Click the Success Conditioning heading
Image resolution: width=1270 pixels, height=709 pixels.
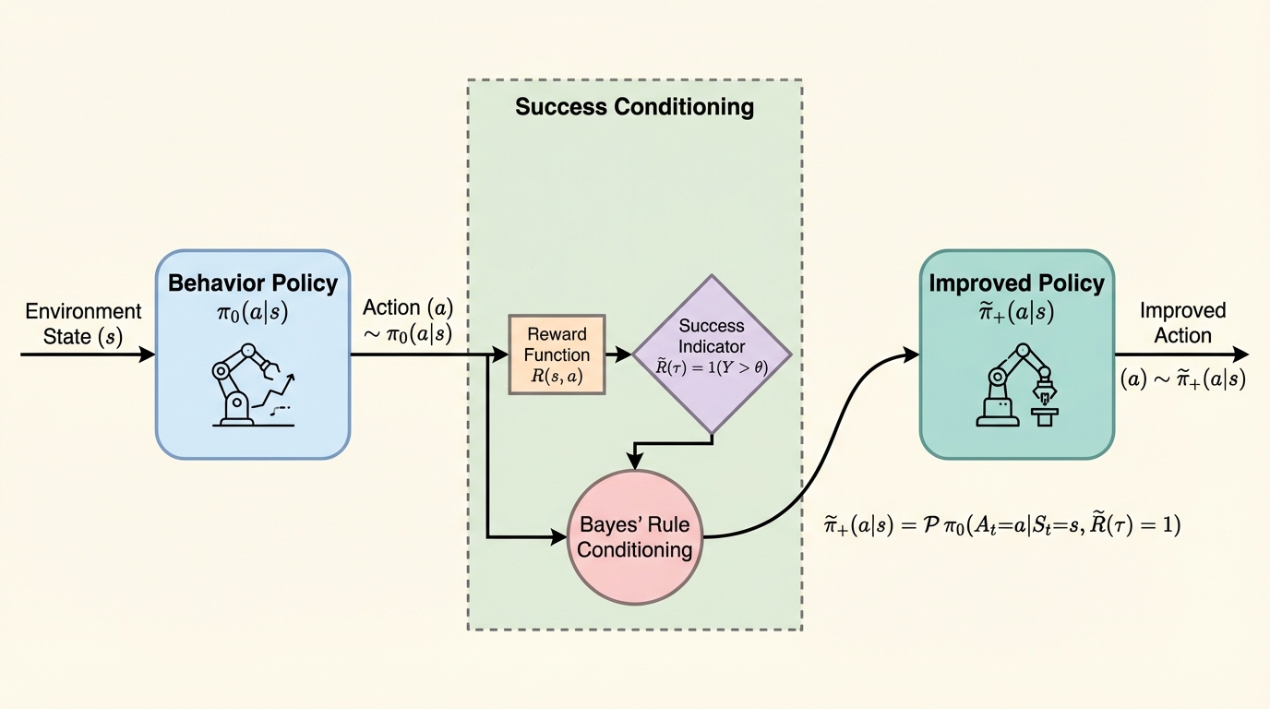tap(634, 107)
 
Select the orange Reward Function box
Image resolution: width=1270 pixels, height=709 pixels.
tap(557, 354)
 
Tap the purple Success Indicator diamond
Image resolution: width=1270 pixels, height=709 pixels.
tap(711, 354)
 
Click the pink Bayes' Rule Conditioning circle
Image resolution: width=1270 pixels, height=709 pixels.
tap(635, 537)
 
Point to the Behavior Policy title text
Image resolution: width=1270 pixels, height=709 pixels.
tap(252, 282)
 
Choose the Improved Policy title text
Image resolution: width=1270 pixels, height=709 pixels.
tap(1016, 282)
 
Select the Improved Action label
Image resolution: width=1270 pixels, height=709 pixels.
tap(1181, 323)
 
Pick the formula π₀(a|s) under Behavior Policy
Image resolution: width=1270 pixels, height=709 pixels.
tap(252, 313)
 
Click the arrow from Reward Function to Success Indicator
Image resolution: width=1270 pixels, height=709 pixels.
tap(619, 354)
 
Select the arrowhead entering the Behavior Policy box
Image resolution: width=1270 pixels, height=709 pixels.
tap(148, 354)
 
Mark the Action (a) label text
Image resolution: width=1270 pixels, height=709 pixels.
tap(408, 307)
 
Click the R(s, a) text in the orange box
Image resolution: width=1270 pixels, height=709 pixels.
tap(557, 376)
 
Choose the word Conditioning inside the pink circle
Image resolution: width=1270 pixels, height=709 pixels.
tap(635, 550)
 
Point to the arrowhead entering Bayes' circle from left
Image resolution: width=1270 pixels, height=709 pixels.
tap(559, 536)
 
